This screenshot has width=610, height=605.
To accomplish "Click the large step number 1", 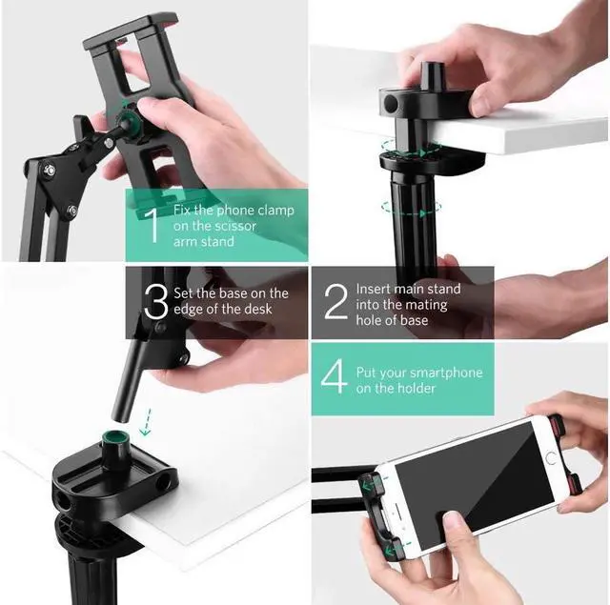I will pos(151,227).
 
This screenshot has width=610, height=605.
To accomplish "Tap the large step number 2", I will pos(335,303).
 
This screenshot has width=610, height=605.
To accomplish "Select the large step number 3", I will pos(155,303).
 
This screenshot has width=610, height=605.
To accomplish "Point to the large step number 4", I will pos(335,378).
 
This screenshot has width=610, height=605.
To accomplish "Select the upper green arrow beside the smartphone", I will pos(367,488).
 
